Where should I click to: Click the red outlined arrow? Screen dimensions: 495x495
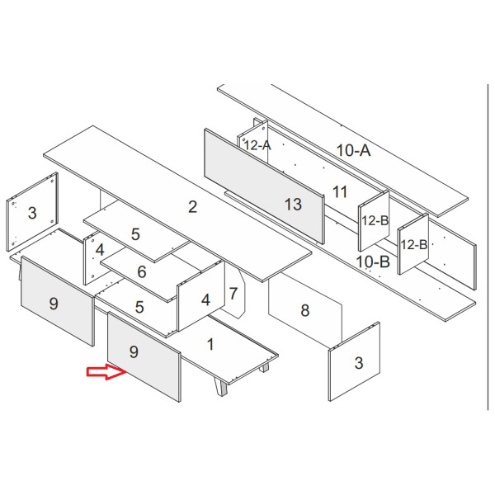[106, 371]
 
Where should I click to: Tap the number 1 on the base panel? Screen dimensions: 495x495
[210, 344]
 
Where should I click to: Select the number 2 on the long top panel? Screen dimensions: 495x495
[192, 207]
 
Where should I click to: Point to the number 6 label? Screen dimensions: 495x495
[142, 271]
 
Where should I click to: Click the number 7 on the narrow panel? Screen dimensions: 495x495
[233, 294]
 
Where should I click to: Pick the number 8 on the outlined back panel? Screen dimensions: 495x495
[304, 310]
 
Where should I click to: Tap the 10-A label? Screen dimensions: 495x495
[354, 150]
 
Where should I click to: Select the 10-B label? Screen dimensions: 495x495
[373, 262]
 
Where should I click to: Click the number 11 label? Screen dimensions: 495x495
[340, 191]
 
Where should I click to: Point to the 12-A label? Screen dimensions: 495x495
[257, 145]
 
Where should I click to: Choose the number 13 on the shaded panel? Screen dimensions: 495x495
[293, 205]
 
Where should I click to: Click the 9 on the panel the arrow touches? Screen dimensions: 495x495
[134, 351]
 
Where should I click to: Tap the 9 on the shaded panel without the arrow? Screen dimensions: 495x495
[54, 304]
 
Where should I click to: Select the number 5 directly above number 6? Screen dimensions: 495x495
[135, 234]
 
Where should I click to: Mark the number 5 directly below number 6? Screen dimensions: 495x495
[139, 307]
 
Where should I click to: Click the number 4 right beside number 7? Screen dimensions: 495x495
[205, 300]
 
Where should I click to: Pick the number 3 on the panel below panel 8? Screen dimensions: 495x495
[359, 363]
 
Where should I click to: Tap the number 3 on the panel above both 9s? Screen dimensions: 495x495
[32, 213]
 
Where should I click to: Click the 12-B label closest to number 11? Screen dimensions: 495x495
[375, 220]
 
